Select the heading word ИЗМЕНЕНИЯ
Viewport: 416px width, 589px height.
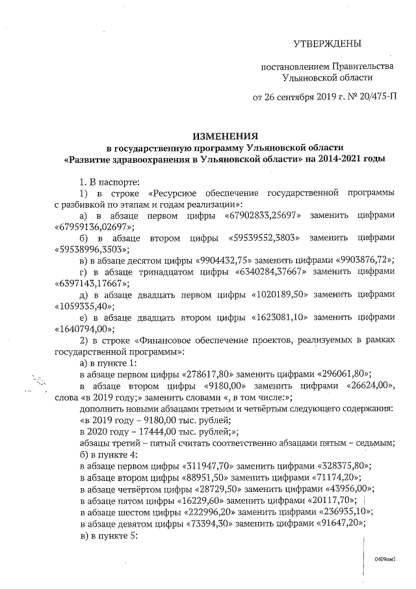coord(220,136)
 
